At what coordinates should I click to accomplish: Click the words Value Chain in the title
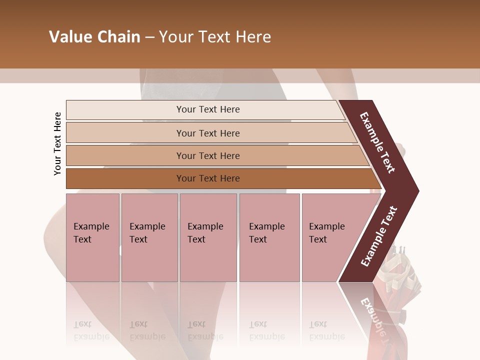tap(94, 37)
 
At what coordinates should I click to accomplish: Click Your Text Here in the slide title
tap(215, 37)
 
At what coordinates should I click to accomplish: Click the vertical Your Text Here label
tap(58, 143)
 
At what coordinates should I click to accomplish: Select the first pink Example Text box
tap(92, 237)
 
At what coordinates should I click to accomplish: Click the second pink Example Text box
tap(149, 237)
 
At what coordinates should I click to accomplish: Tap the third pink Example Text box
tap(208, 237)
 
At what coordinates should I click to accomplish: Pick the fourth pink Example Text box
tap(269, 237)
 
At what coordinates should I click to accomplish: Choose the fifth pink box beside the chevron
tap(330, 237)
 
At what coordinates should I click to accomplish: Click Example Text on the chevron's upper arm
tap(377, 142)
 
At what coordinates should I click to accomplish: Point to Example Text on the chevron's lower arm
tap(378, 236)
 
